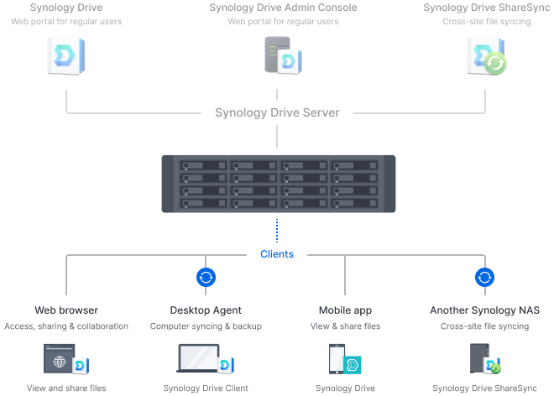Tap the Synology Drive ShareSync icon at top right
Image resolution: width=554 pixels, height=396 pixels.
coord(485,58)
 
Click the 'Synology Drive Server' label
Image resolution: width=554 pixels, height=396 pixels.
coord(277,112)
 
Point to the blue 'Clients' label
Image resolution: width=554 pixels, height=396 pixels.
coord(277,253)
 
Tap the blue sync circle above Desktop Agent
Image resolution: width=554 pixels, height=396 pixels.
coord(206,278)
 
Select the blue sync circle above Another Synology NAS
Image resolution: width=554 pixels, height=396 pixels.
coord(484,278)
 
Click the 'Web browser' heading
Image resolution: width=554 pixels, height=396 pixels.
coord(66,310)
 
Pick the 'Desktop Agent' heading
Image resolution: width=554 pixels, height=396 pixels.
coord(206,310)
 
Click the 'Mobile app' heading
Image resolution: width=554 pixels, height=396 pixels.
coord(344,310)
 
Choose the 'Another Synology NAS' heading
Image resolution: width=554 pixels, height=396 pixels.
coord(484,310)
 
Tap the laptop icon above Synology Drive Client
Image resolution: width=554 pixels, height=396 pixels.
coord(200,360)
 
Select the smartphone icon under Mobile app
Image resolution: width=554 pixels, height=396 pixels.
coord(337,358)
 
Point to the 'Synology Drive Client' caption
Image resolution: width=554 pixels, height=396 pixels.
coord(206,388)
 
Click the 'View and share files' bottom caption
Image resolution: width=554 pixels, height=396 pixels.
coord(66,388)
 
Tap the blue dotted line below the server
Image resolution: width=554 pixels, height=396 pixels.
coord(277,230)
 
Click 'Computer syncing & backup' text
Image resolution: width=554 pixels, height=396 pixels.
coord(206,326)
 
